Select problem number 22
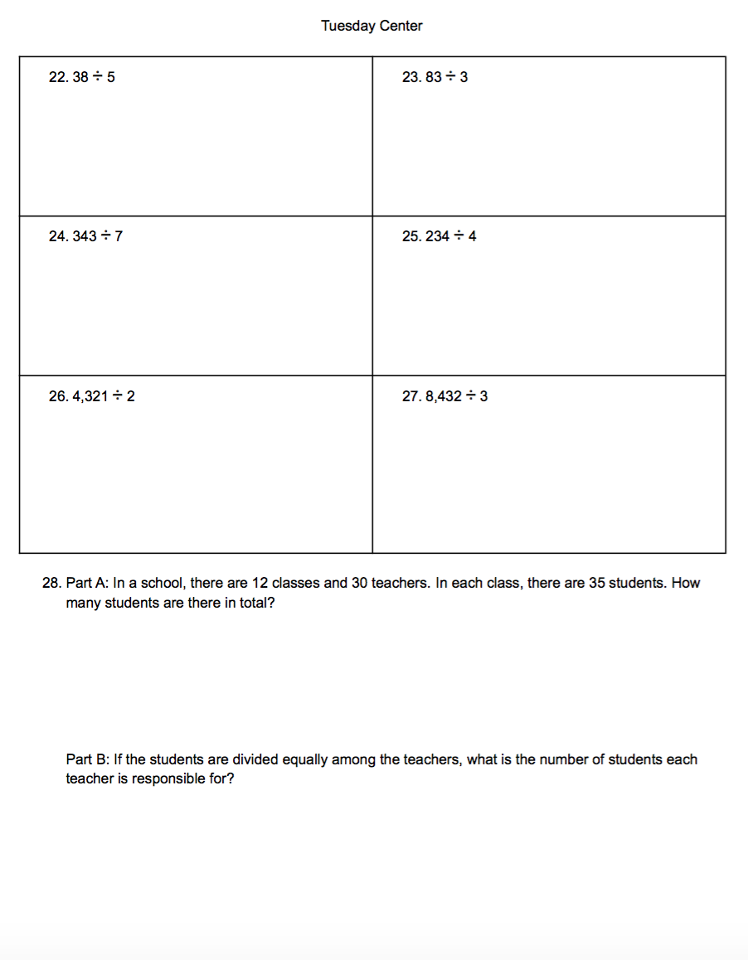point(58,77)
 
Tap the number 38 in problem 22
point(81,77)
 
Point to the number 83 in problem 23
point(434,77)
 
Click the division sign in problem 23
point(451,77)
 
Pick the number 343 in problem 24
point(85,236)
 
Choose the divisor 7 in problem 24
point(119,236)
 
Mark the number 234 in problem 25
point(438,236)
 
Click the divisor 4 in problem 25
point(472,236)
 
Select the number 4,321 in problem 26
point(90,396)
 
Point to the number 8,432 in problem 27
point(444,396)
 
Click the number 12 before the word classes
point(259,583)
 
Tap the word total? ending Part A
point(256,603)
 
